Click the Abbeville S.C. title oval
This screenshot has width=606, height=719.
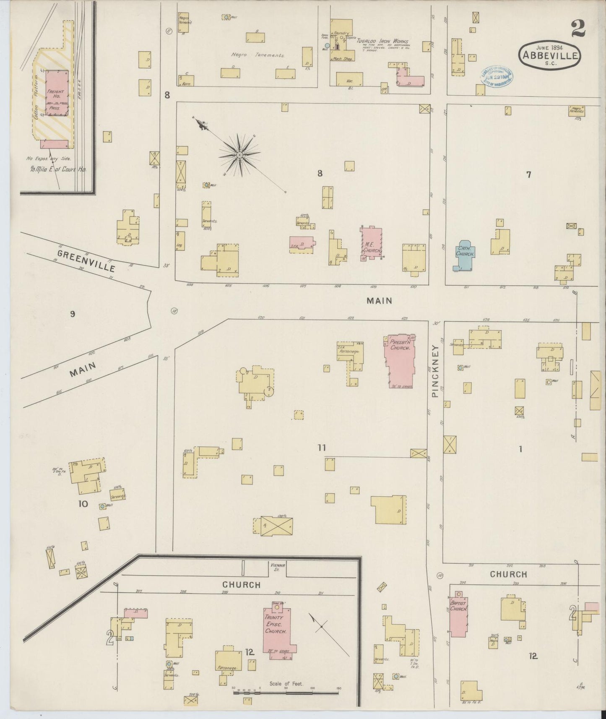[549, 55]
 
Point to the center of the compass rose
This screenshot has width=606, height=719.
[239, 155]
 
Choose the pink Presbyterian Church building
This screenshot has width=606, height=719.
[400, 359]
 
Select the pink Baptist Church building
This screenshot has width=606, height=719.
[458, 616]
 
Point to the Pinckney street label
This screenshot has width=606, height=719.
[435, 371]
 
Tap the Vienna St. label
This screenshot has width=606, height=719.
[277, 567]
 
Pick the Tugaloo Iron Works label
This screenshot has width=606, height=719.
[382, 41]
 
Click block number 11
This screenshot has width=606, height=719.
[321, 448]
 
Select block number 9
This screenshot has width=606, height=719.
[73, 314]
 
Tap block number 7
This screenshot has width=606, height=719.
[528, 175]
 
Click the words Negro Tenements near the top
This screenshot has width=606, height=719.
[258, 55]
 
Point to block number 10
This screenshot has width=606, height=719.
[83, 504]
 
